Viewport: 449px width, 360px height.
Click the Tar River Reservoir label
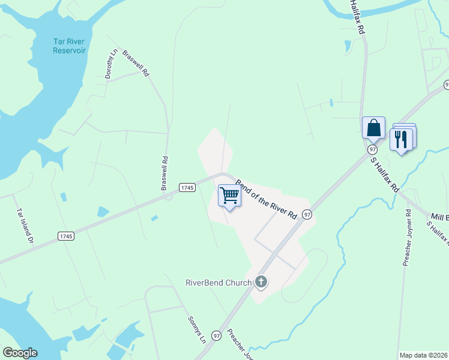(69, 46)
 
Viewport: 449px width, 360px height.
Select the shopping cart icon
(229, 196)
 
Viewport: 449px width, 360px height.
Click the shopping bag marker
(373, 128)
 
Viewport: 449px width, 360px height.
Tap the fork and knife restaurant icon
(400, 139)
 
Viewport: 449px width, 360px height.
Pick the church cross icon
(261, 281)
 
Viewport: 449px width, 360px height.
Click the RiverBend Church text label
(218, 282)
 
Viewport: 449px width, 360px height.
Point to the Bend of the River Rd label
(266, 198)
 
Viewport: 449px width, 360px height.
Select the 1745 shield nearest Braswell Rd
(187, 188)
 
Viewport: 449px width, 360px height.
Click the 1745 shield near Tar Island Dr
(66, 236)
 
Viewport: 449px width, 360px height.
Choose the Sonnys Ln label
(197, 329)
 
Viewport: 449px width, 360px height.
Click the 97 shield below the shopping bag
(373, 149)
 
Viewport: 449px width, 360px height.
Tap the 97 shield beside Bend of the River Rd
(307, 214)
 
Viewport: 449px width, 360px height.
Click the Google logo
(20, 353)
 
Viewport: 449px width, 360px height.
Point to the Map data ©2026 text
(424, 355)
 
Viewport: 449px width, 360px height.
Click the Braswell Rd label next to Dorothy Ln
(136, 62)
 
